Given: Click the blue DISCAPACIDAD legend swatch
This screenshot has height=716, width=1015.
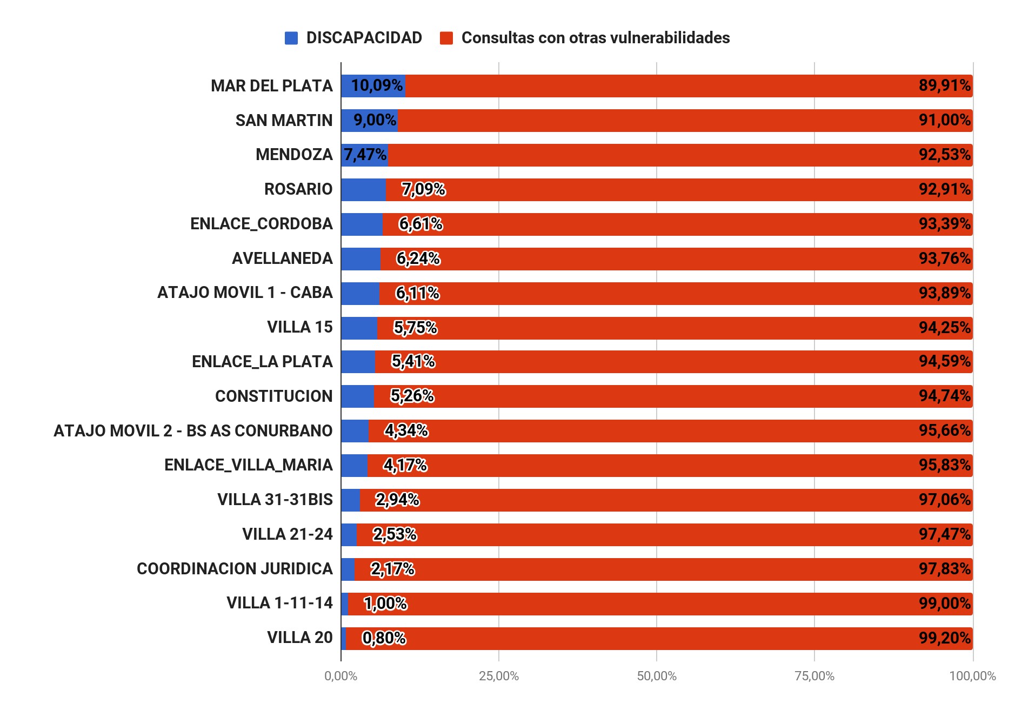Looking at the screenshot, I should point(291,38).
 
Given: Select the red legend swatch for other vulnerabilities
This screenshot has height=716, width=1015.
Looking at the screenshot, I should point(446,38).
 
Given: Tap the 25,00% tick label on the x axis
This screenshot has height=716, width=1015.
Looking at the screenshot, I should point(498,676).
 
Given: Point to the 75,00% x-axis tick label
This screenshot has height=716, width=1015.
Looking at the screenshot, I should point(814,676).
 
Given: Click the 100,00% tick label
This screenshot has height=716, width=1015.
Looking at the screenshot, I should point(972,676).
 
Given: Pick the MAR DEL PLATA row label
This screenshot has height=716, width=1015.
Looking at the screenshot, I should point(271,86).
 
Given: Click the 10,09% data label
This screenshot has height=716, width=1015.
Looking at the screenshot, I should point(377,85).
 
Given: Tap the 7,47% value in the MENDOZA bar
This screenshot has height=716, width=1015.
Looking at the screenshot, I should point(365,155).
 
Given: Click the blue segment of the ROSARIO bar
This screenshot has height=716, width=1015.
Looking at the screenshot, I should point(363,189).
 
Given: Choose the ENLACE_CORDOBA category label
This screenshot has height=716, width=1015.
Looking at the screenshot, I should point(261,224).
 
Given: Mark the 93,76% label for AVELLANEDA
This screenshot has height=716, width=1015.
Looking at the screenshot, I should point(944,258).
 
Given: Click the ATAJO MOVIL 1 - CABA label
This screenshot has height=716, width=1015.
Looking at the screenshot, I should point(245,293).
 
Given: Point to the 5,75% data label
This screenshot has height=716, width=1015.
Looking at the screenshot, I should point(415,327).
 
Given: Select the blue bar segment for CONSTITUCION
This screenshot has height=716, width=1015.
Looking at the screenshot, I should point(357,396).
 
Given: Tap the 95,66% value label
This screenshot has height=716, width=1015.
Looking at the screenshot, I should point(944,430).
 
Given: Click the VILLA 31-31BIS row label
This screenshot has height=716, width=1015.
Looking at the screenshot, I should point(275,500).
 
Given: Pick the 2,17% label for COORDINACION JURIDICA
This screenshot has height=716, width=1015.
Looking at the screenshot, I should point(392,569).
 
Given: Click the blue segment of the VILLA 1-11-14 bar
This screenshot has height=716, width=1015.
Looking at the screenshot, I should point(344,604).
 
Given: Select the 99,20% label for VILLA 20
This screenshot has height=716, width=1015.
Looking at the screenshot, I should point(944,638).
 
